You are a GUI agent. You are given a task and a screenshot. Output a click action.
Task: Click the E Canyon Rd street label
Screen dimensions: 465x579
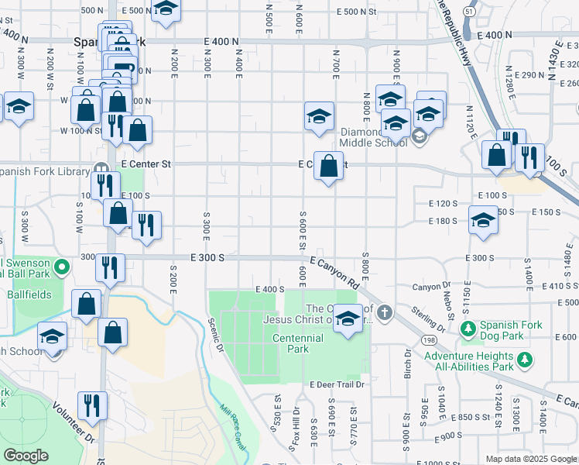[x=337, y=270]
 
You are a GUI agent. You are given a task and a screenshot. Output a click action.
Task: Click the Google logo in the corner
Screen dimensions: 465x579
[x=26, y=456]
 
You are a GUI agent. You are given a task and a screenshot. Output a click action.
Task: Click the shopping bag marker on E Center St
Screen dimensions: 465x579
[x=329, y=166]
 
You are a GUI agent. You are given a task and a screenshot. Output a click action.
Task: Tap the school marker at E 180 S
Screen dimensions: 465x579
[x=483, y=220]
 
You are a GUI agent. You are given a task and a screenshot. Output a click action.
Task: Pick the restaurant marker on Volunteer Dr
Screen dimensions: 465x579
[x=92, y=406]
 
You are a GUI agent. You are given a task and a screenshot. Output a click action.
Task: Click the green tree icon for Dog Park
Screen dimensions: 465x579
[x=468, y=329]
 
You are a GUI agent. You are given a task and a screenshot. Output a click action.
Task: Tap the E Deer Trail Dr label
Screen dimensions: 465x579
[x=337, y=384]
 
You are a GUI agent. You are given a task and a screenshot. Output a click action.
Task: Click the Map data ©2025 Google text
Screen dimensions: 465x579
[x=531, y=459]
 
